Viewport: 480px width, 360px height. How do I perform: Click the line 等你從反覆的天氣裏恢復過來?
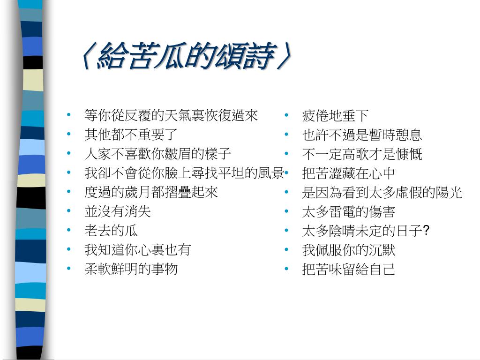point(171,115)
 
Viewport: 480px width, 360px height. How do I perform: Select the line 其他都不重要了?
point(131,135)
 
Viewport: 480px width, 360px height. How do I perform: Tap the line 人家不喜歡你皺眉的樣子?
point(158,154)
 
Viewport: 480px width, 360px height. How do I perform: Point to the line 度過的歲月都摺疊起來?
point(151,192)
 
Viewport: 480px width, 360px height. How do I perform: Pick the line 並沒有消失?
point(118,211)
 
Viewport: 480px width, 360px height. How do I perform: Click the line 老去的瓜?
point(111,231)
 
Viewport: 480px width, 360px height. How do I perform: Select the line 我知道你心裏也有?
point(138,250)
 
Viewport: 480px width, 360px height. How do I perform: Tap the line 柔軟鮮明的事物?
point(131,269)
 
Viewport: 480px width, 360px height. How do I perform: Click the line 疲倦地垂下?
point(336,115)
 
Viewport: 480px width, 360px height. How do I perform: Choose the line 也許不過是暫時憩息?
point(362,135)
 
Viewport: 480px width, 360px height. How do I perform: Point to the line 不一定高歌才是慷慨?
point(362,154)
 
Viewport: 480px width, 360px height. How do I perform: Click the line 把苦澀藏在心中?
point(349,173)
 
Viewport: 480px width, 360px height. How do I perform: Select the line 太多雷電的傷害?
point(349,211)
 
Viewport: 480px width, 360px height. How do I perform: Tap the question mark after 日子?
point(427,231)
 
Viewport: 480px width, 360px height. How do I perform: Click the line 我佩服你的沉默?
point(349,250)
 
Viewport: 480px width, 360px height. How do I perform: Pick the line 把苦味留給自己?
point(349,269)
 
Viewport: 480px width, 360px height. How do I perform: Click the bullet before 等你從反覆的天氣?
point(69,115)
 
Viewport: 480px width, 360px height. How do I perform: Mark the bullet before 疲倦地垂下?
point(287,115)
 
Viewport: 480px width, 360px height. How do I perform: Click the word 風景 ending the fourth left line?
point(271,173)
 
